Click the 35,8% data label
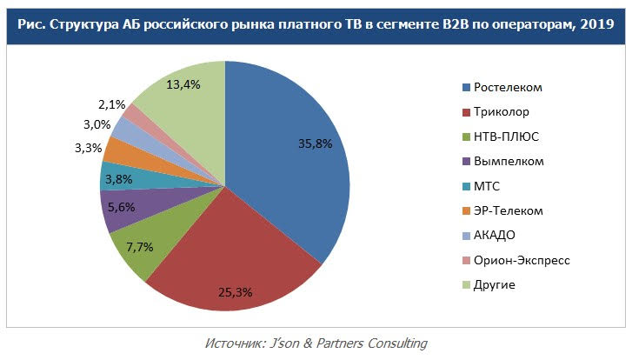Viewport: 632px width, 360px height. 314,143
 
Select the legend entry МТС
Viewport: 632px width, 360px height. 487,186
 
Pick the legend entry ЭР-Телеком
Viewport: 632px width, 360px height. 509,210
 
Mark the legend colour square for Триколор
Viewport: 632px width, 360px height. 466,112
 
